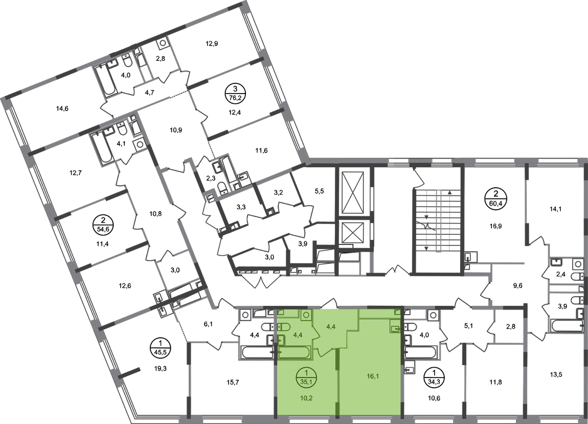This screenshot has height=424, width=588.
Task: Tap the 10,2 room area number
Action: (x=306, y=394)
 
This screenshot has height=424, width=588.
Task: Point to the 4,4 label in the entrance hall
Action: (x=330, y=324)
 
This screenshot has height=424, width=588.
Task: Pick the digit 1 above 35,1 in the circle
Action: (x=306, y=374)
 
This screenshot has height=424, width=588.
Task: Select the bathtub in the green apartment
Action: (x=293, y=352)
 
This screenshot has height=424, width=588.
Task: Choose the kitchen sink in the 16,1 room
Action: (x=394, y=326)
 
